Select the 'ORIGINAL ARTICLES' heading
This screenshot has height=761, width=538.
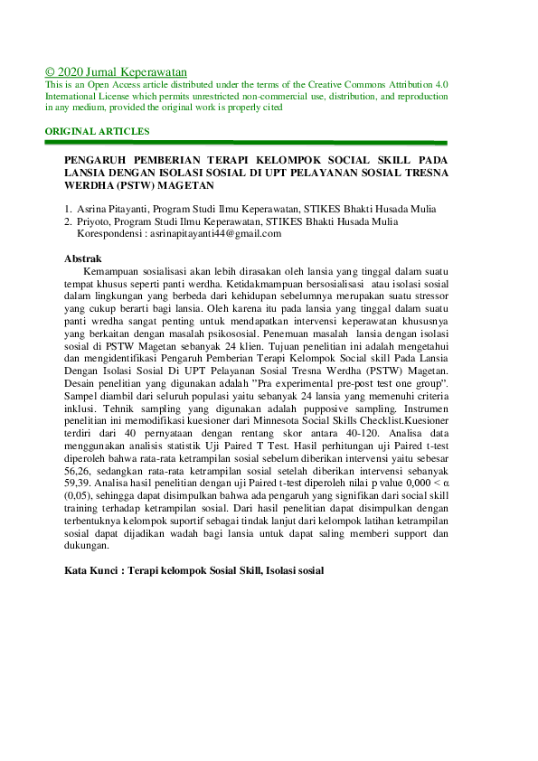click(98, 131)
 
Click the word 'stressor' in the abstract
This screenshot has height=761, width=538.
click(428, 295)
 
